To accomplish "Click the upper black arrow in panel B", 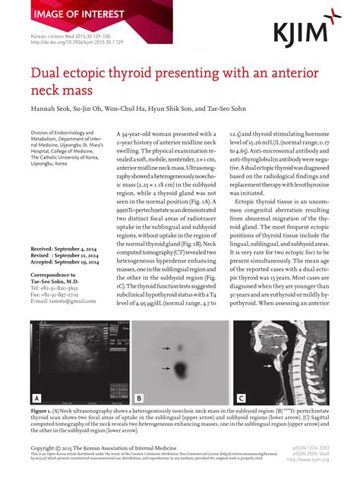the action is [x=165, y=348].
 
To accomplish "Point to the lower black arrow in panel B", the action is [x=165, y=370].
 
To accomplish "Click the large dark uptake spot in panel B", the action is [x=183, y=370].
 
